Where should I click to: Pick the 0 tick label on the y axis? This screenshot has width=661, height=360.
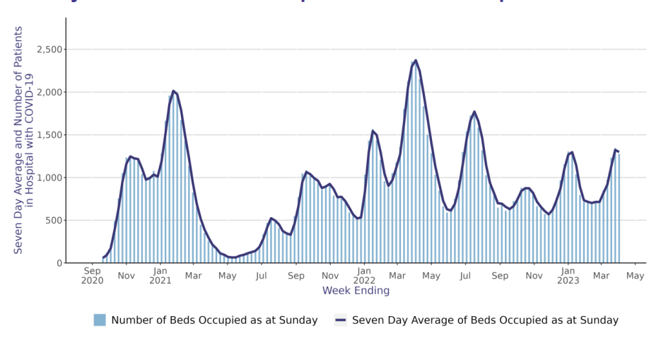coord(59,263)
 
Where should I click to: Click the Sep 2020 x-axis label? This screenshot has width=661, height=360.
coord(93,275)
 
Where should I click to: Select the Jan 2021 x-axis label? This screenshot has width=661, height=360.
coord(160,275)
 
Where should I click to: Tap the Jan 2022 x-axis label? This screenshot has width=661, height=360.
coord(364,275)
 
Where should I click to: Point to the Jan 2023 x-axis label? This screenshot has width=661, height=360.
coord(568,275)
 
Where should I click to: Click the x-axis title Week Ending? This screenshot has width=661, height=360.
coord(356,291)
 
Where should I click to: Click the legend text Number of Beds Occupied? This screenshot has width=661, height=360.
coord(214,320)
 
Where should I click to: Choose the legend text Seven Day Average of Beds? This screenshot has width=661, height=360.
coord(485,320)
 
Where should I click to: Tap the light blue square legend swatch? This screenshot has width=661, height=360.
coord(100,320)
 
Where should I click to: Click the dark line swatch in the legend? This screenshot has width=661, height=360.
coord(340,320)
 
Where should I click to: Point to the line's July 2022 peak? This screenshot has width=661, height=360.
coord(474,112)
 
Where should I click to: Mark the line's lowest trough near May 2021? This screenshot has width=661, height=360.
coord(233,257)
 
